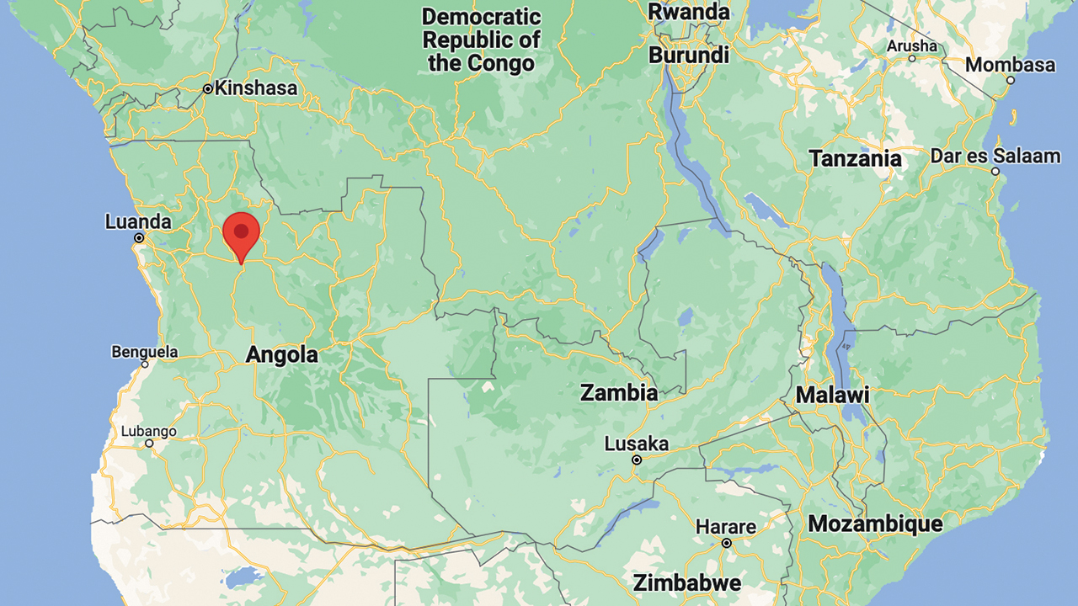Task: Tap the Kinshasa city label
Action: click(x=255, y=88)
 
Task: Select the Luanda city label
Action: click(x=138, y=222)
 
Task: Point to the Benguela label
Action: click(x=145, y=351)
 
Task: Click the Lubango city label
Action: click(x=148, y=431)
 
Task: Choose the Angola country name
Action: click(x=281, y=355)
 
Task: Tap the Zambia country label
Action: click(x=619, y=392)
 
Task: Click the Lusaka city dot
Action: click(x=637, y=460)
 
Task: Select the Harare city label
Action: click(x=726, y=528)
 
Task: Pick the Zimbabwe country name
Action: click(x=687, y=582)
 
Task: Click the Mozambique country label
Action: click(x=875, y=524)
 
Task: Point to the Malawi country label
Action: click(x=832, y=395)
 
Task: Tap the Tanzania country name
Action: click(x=855, y=158)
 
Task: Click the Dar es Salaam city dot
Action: click(x=995, y=172)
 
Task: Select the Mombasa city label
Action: click(x=1010, y=65)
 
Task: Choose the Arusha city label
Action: click(x=911, y=45)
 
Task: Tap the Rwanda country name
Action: click(x=688, y=12)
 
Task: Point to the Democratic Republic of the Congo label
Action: click(x=481, y=40)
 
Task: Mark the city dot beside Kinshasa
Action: click(x=207, y=88)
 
